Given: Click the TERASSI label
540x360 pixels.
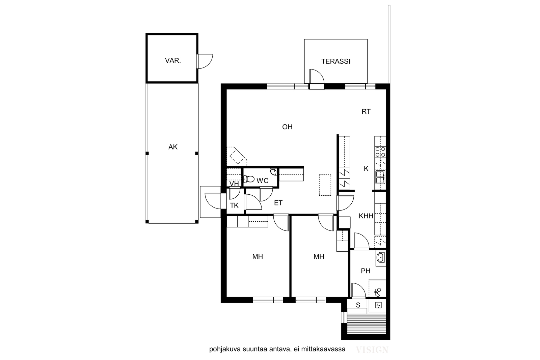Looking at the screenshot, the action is point(335,61).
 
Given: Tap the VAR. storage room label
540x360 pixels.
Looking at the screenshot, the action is point(173,60).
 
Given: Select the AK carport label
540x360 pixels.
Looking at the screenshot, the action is point(173,147).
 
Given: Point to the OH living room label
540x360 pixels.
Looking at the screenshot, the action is point(287,127).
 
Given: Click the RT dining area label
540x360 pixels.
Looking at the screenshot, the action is point(366,112).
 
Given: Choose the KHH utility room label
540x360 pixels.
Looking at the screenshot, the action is point(366,216).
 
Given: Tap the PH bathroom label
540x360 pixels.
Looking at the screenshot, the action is point(366,271).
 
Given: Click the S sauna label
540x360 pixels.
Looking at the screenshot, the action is point(358,305).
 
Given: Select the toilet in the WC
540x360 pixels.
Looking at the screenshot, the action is point(249,179).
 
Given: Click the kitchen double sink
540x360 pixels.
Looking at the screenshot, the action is point(380,177).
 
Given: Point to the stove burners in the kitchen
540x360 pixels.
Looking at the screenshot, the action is point(380,152).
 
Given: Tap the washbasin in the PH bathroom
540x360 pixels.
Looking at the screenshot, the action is point(380,257).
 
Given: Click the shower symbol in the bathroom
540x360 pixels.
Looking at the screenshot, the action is point(378,292).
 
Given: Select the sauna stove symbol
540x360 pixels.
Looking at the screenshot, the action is point(378,305).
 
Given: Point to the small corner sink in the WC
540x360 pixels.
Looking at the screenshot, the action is point(274,172).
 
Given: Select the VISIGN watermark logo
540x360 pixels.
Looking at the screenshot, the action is point(372,350).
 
